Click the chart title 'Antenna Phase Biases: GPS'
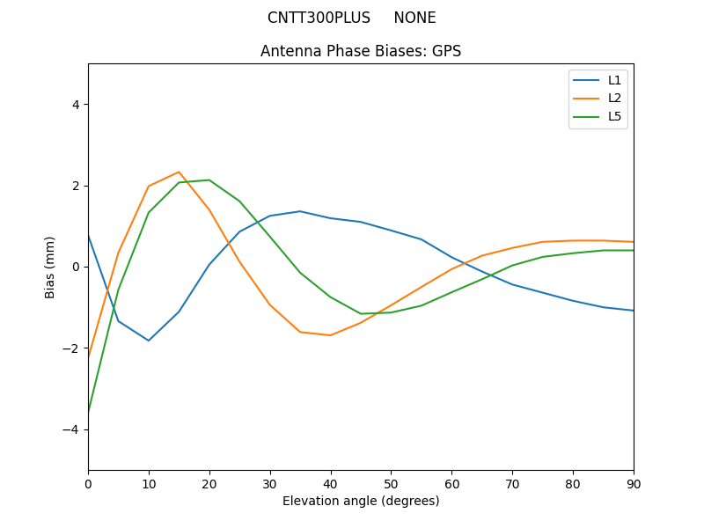361,51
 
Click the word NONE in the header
414,18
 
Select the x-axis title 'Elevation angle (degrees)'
361,501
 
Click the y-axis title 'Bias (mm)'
50,267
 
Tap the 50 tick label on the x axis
391,483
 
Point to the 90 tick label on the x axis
634,483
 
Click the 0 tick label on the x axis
88,483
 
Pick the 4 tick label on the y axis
76,105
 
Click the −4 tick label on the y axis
72,429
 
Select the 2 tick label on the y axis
76,186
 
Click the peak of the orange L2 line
179,172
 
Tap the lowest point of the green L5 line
88,412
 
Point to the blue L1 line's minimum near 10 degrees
149,341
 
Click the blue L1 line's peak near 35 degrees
300,211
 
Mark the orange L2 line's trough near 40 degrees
330,335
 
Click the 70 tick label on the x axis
512,483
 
